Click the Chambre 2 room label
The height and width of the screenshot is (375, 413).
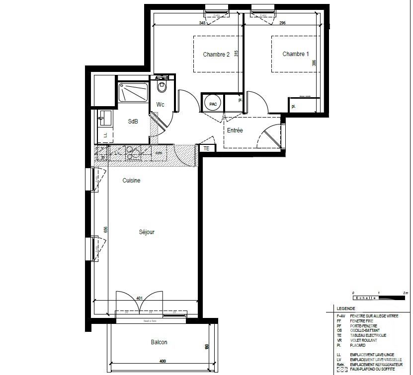pos(216,55)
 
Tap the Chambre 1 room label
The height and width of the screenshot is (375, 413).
pos(296,54)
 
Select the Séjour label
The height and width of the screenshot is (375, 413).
pos(147,232)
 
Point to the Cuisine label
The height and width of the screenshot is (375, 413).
pos(131,181)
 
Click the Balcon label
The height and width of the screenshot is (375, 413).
pos(159,342)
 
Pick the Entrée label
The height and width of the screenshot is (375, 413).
pos(235,130)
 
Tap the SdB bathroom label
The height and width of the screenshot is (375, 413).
pos(133,122)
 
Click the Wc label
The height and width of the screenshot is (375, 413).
pos(161,105)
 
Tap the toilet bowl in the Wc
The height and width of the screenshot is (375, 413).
pos(162,87)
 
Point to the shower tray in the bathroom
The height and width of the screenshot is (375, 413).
pos(133,93)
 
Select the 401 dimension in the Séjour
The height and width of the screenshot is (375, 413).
pos(140,298)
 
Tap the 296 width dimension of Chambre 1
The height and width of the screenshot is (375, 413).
pos(282,23)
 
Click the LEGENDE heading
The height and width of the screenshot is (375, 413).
pos(346,308)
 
